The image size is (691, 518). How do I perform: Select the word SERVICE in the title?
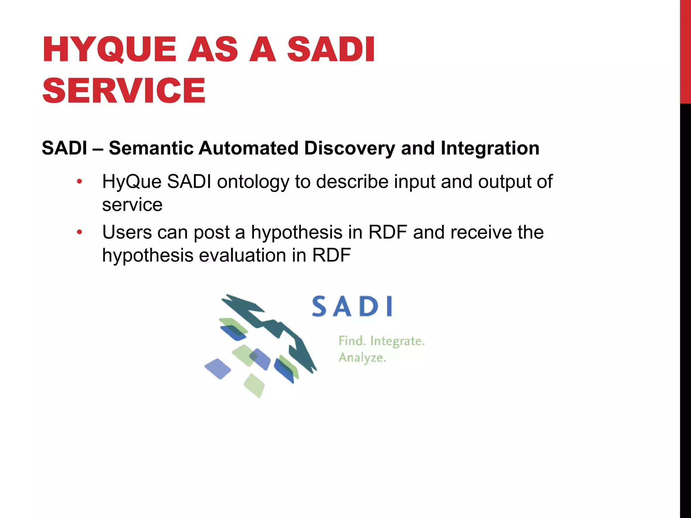click(x=124, y=90)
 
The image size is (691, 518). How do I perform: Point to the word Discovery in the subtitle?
click(x=350, y=148)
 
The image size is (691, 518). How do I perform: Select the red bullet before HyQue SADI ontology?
click(x=79, y=182)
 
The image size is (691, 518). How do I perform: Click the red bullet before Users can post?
click(x=79, y=232)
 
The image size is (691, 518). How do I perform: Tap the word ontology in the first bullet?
click(x=253, y=182)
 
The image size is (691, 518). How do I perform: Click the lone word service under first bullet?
click(x=132, y=205)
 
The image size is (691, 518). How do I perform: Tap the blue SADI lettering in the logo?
click(x=352, y=307)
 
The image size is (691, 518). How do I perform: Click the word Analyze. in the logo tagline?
click(x=362, y=358)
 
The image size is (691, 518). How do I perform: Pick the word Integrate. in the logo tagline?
click(x=397, y=341)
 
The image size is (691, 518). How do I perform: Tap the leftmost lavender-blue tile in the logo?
click(x=218, y=369)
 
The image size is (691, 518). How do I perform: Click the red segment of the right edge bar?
click(x=685, y=51)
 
